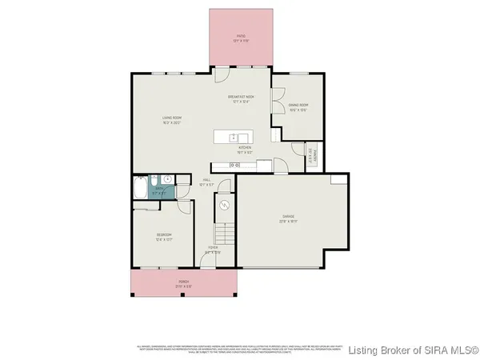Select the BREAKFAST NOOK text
(x=241, y=96)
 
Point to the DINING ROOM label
(x=298, y=105)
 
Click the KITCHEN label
(x=245, y=148)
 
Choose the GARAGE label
(x=287, y=216)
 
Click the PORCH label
(x=184, y=282)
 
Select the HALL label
(x=206, y=180)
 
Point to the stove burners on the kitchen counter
(x=234, y=165)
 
